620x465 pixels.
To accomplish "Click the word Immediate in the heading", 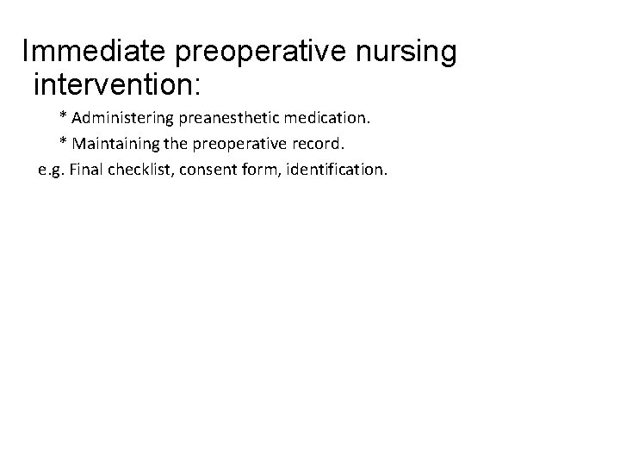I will click(x=96, y=53).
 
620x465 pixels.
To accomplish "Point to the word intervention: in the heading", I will click(x=116, y=85).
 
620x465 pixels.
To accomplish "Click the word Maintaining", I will click(x=108, y=142).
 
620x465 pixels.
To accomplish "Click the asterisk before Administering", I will click(x=63, y=115).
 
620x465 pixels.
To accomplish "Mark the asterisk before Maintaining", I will click(x=63, y=141).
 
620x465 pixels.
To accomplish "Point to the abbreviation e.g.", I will click(x=52, y=170).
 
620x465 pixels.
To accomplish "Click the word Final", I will click(x=88, y=169).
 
